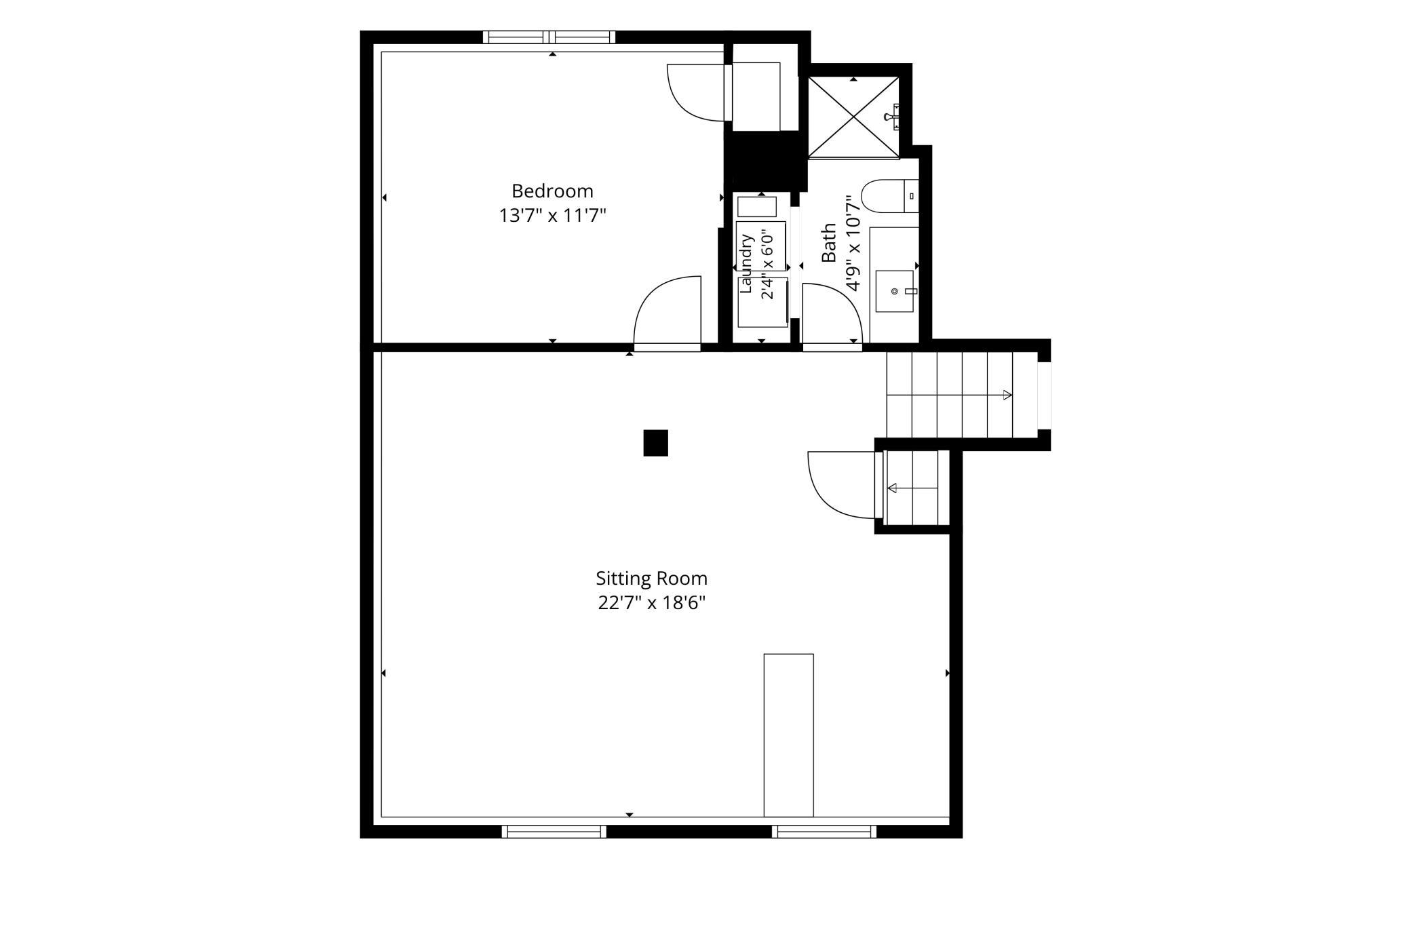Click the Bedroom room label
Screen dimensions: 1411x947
pos(552,191)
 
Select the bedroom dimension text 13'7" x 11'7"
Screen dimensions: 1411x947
pos(552,216)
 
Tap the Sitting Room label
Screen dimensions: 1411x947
pos(651,579)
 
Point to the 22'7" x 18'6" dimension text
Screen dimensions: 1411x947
pos(651,603)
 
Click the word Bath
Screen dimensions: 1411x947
pos(828,243)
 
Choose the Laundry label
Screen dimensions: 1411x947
pos(746,263)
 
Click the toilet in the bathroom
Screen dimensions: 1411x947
pos(889,195)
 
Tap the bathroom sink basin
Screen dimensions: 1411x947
pos(894,291)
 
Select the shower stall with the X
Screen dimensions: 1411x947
pos(853,117)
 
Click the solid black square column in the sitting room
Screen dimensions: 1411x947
pos(655,443)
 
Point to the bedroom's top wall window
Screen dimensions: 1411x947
pos(549,37)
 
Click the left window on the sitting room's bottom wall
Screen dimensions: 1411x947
pos(554,831)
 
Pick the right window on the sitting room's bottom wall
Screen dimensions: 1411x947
pos(824,831)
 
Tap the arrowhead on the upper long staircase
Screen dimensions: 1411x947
pos(1007,395)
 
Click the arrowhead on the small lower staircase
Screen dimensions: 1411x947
pos(892,488)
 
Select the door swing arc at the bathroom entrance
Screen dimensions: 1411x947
pos(842,298)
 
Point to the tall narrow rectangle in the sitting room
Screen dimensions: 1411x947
pos(788,735)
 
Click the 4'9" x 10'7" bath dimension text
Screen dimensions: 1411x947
pos(853,243)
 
